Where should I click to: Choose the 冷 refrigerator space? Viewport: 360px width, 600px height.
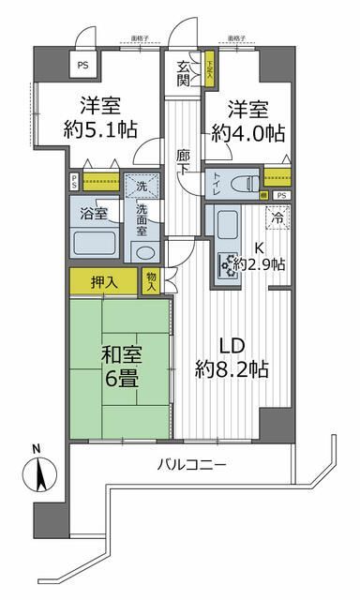tap(278, 217)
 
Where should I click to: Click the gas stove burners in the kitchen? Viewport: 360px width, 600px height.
tap(228, 265)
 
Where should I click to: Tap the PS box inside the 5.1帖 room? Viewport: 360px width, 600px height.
tap(83, 66)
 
